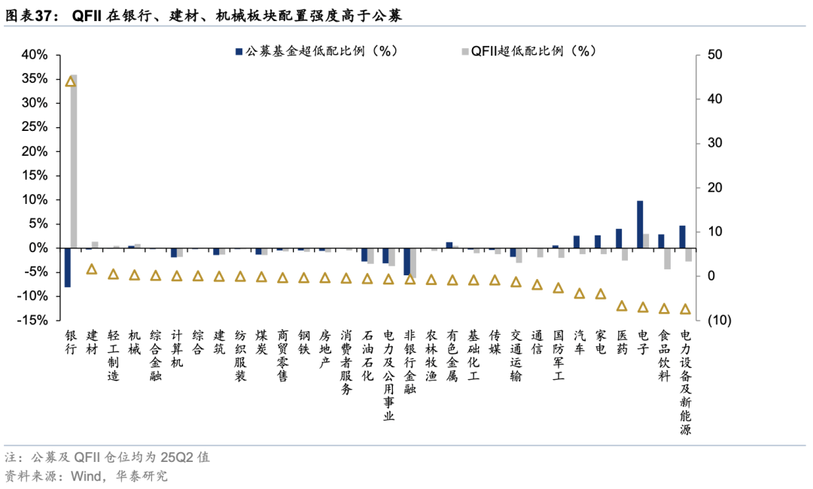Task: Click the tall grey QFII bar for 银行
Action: click(74, 161)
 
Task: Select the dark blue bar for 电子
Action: click(640, 224)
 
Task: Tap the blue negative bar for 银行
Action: click(67, 267)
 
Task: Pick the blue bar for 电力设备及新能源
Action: click(682, 236)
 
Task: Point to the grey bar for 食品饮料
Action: click(667, 258)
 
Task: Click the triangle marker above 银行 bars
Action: click(71, 81)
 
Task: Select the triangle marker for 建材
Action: click(92, 269)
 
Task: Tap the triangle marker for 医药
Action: click(622, 306)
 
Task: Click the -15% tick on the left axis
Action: click(33, 320)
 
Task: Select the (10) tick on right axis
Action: click(717, 320)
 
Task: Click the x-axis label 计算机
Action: click(177, 348)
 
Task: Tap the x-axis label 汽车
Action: click(579, 342)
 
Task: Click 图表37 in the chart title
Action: click(32, 14)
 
